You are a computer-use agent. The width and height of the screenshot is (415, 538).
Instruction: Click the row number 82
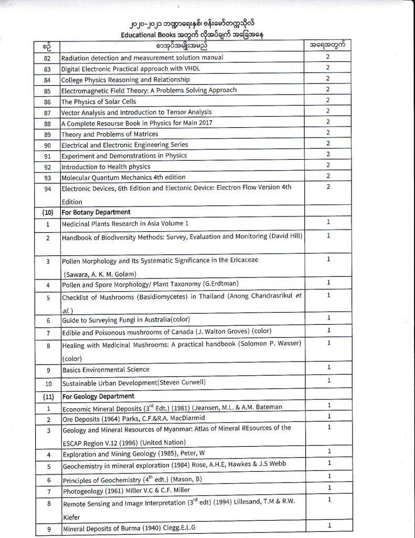[x=47, y=58]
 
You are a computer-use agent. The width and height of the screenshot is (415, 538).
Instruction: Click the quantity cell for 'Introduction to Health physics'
[x=328, y=165]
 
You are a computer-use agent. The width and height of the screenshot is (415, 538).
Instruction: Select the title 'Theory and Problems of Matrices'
[x=110, y=134]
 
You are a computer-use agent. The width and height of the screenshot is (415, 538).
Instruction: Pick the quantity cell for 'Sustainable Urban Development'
[x=328, y=380]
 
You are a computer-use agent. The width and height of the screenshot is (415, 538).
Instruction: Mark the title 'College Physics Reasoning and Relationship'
[x=125, y=79]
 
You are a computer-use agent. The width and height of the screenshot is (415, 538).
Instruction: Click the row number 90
[x=47, y=144]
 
